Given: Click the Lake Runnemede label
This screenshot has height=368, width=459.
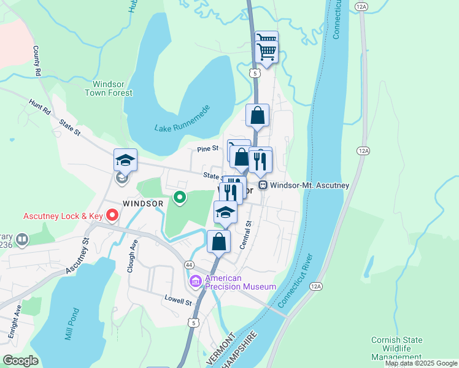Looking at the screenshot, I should (x=183, y=120).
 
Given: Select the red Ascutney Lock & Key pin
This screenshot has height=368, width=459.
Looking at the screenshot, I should (x=112, y=215).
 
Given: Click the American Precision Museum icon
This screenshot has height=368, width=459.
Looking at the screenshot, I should (x=196, y=282).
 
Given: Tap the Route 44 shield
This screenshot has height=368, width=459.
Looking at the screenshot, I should (x=189, y=264).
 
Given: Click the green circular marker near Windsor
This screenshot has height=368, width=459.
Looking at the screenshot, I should (x=179, y=197).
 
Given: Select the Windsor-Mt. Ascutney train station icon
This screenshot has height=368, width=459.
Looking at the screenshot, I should (x=263, y=185).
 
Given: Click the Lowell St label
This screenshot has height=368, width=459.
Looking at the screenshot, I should (x=178, y=302).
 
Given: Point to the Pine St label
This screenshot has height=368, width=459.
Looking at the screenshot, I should (x=208, y=148).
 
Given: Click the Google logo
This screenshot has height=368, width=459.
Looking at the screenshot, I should (x=20, y=361).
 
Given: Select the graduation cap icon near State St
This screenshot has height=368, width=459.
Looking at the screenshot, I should (x=125, y=161).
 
